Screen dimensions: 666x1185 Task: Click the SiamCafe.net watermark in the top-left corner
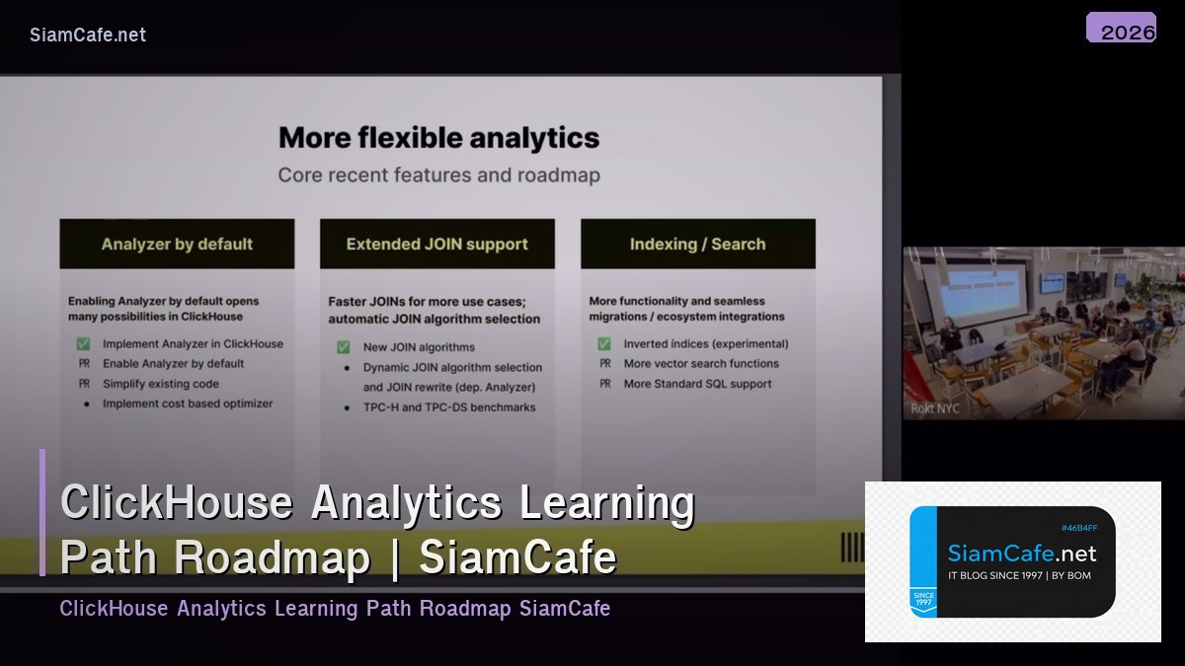pos(88,35)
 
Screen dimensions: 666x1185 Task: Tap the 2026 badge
pos(1122,29)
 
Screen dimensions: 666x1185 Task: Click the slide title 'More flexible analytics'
pos(438,137)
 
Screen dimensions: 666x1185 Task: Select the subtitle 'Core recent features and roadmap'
pos(438,176)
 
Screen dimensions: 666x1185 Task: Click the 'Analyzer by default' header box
pos(177,244)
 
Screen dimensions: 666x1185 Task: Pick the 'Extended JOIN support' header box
pos(436,244)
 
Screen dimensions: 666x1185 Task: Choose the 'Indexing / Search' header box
pos(697,244)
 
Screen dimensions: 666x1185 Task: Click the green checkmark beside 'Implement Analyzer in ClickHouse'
pos(83,344)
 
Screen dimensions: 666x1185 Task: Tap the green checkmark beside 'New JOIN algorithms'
pos(344,347)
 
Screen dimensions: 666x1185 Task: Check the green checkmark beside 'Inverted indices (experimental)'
pos(604,344)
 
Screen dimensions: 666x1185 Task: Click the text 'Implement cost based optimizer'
pos(188,404)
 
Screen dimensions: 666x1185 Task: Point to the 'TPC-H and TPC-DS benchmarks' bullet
pos(449,407)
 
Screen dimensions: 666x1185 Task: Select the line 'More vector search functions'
pos(701,364)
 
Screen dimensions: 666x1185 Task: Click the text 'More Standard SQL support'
pos(697,384)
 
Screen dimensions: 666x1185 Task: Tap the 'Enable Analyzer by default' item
pos(173,364)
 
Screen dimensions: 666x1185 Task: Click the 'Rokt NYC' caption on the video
pos(934,408)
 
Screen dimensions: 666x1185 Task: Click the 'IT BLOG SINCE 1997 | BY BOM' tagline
pos(1019,575)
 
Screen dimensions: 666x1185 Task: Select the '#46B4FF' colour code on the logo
pos(1078,528)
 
